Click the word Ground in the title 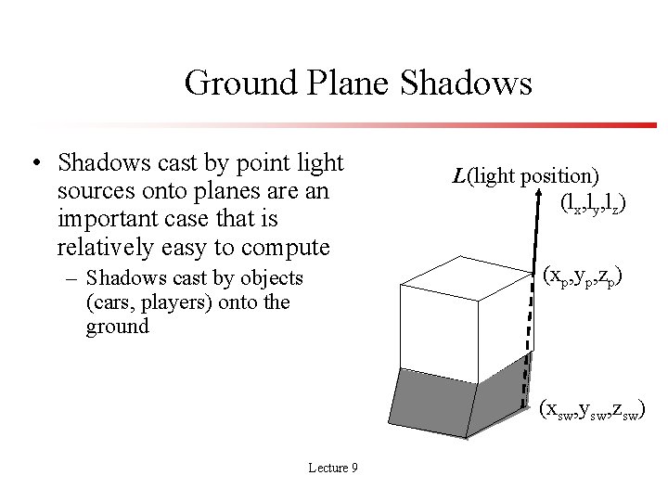pyautogui.click(x=240, y=83)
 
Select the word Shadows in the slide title pyautogui.click(x=468, y=83)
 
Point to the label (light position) pyautogui.click(x=533, y=175)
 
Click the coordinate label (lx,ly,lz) pyautogui.click(x=592, y=203)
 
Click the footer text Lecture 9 pyautogui.click(x=333, y=468)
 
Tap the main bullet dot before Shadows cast pyautogui.click(x=34, y=165)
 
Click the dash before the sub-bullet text pyautogui.click(x=71, y=278)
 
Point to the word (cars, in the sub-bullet pyautogui.click(x=110, y=302)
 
